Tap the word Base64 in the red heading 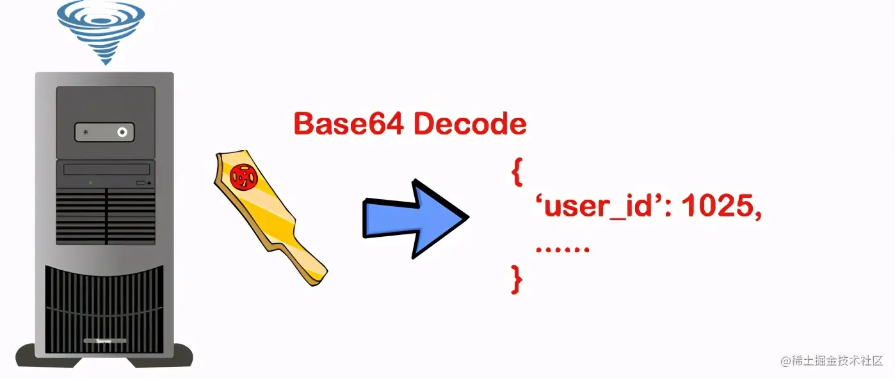point(349,124)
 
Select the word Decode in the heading point(470,124)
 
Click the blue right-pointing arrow point(415,218)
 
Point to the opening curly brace point(517,172)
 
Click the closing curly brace point(517,280)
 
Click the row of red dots point(562,250)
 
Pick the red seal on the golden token point(243,176)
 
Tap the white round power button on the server point(122,132)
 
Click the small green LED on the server point(91,183)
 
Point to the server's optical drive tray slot point(107,169)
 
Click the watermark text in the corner point(832,361)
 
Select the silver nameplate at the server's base point(105,341)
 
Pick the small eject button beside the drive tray point(141,183)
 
